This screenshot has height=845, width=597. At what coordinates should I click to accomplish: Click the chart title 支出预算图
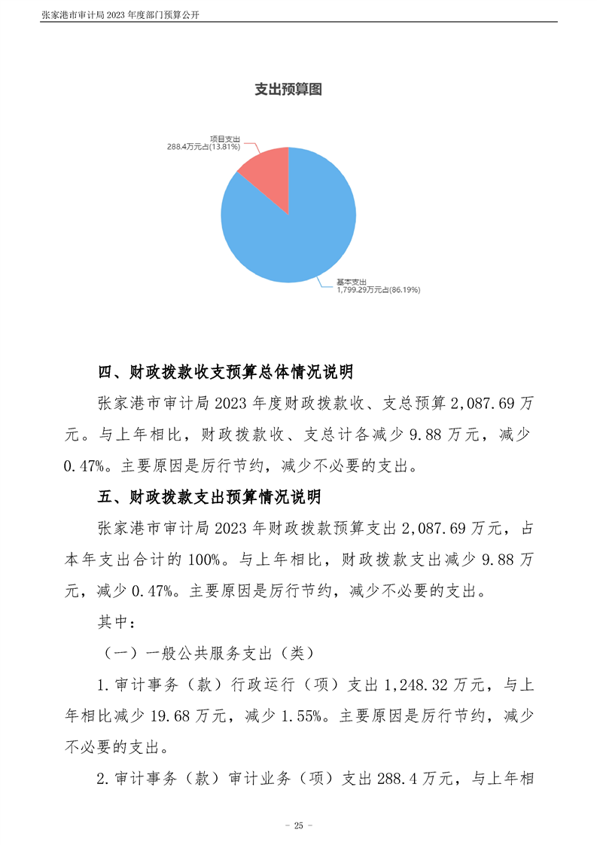[288, 90]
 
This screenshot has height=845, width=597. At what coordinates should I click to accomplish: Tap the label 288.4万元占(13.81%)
[203, 147]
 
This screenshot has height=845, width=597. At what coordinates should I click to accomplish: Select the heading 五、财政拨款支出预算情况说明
[210, 497]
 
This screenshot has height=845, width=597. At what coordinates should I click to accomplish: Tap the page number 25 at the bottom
[298, 825]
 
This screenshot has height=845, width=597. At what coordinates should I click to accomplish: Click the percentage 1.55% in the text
[306, 717]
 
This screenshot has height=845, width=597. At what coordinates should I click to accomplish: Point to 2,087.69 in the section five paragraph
[436, 529]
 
